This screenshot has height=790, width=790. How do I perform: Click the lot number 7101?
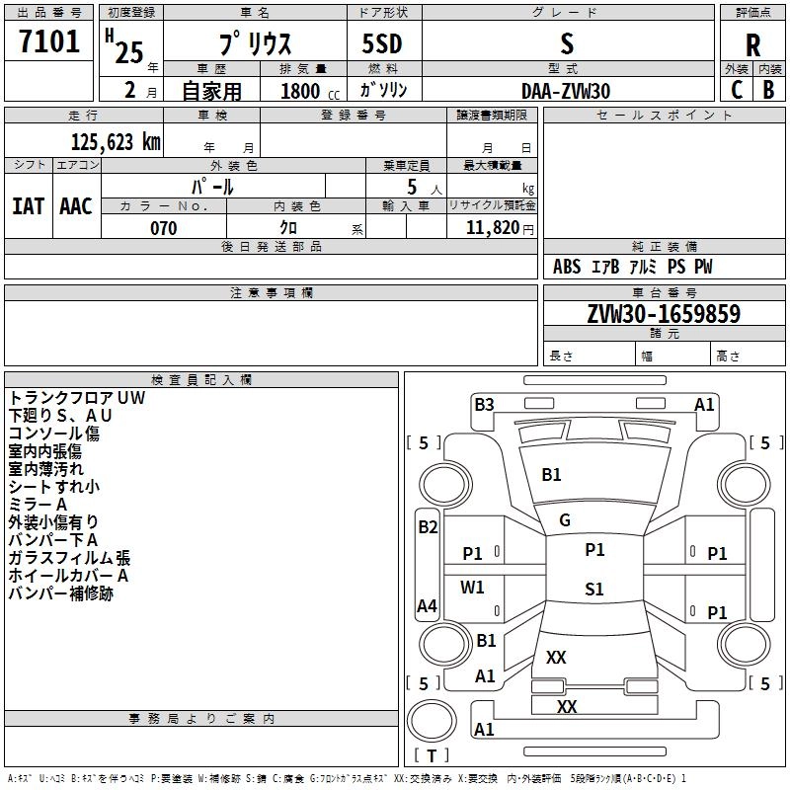point(49,41)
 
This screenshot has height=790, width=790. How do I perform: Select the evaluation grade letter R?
point(752,44)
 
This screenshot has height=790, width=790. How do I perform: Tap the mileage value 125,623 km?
point(116,141)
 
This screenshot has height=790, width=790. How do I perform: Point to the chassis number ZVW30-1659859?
point(664,314)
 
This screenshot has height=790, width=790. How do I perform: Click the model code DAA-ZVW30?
point(566,91)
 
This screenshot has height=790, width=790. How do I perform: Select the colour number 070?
point(163,228)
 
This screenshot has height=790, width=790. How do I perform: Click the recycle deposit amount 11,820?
point(492,228)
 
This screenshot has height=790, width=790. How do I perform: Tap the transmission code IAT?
point(28,205)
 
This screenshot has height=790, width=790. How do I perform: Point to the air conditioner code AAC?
point(76,205)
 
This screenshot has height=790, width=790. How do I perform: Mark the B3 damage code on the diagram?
point(484,404)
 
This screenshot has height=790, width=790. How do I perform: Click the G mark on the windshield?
point(565,520)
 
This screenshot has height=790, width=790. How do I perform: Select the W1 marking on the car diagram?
point(473,588)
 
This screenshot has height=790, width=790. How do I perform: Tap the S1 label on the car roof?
point(593,590)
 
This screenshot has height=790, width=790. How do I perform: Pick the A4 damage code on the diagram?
point(427,606)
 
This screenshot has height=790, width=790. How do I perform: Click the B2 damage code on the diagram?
point(427,527)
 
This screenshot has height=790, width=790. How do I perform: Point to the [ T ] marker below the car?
point(431,756)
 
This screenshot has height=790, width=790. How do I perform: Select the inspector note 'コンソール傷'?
point(54,434)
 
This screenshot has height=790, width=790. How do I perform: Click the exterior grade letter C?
point(737,89)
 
